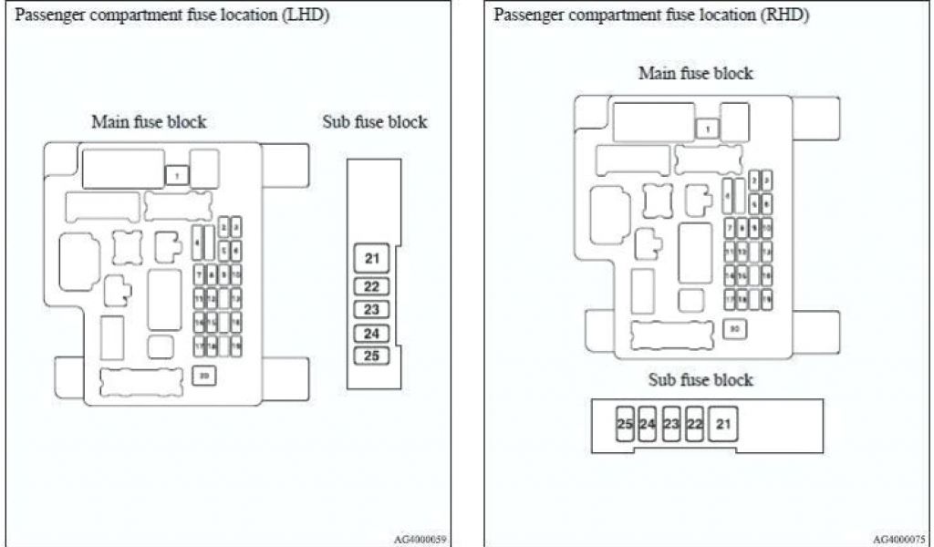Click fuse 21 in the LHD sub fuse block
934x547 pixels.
click(x=371, y=259)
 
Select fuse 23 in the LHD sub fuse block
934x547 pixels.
click(x=371, y=309)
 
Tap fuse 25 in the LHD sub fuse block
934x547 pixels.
click(x=371, y=356)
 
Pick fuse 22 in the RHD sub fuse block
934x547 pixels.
click(x=695, y=423)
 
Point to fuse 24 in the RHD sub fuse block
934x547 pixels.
click(x=648, y=423)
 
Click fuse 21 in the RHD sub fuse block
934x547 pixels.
click(x=724, y=423)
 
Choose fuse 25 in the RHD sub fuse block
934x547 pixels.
click(x=625, y=423)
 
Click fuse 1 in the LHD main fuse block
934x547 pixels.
click(x=177, y=173)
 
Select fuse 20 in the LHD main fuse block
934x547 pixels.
click(x=204, y=375)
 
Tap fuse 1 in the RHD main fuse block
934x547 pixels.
click(x=706, y=129)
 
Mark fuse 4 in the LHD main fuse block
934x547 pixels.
click(x=197, y=242)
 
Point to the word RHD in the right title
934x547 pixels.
click(x=789, y=15)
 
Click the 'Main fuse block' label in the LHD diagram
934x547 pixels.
click(x=149, y=122)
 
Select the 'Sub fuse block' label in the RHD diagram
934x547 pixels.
click(x=700, y=379)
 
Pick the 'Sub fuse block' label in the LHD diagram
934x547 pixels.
click(x=375, y=122)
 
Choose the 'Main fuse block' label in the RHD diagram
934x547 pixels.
click(x=696, y=73)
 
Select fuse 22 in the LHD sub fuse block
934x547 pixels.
click(x=371, y=286)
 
